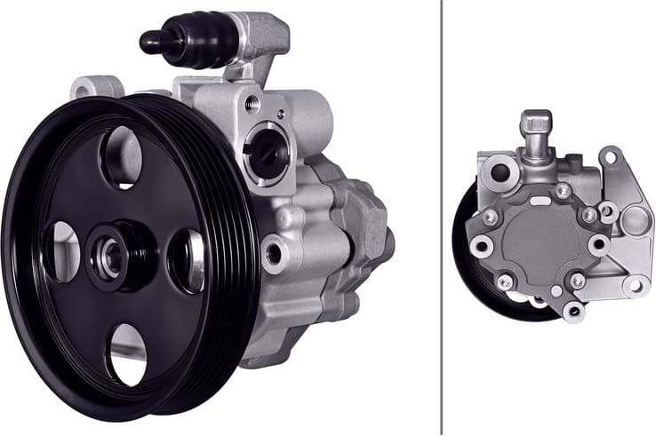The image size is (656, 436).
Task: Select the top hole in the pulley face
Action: (x=122, y=157)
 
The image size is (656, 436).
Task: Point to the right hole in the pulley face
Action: (x=186, y=260)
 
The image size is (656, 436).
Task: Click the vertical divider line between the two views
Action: (x=442, y=218)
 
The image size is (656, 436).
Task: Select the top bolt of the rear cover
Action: (x=562, y=190)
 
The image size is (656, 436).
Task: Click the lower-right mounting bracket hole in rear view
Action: (x=634, y=284)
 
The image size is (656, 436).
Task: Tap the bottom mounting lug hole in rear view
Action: (x=574, y=309)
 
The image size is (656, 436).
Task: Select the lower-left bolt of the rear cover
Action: (x=505, y=281)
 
